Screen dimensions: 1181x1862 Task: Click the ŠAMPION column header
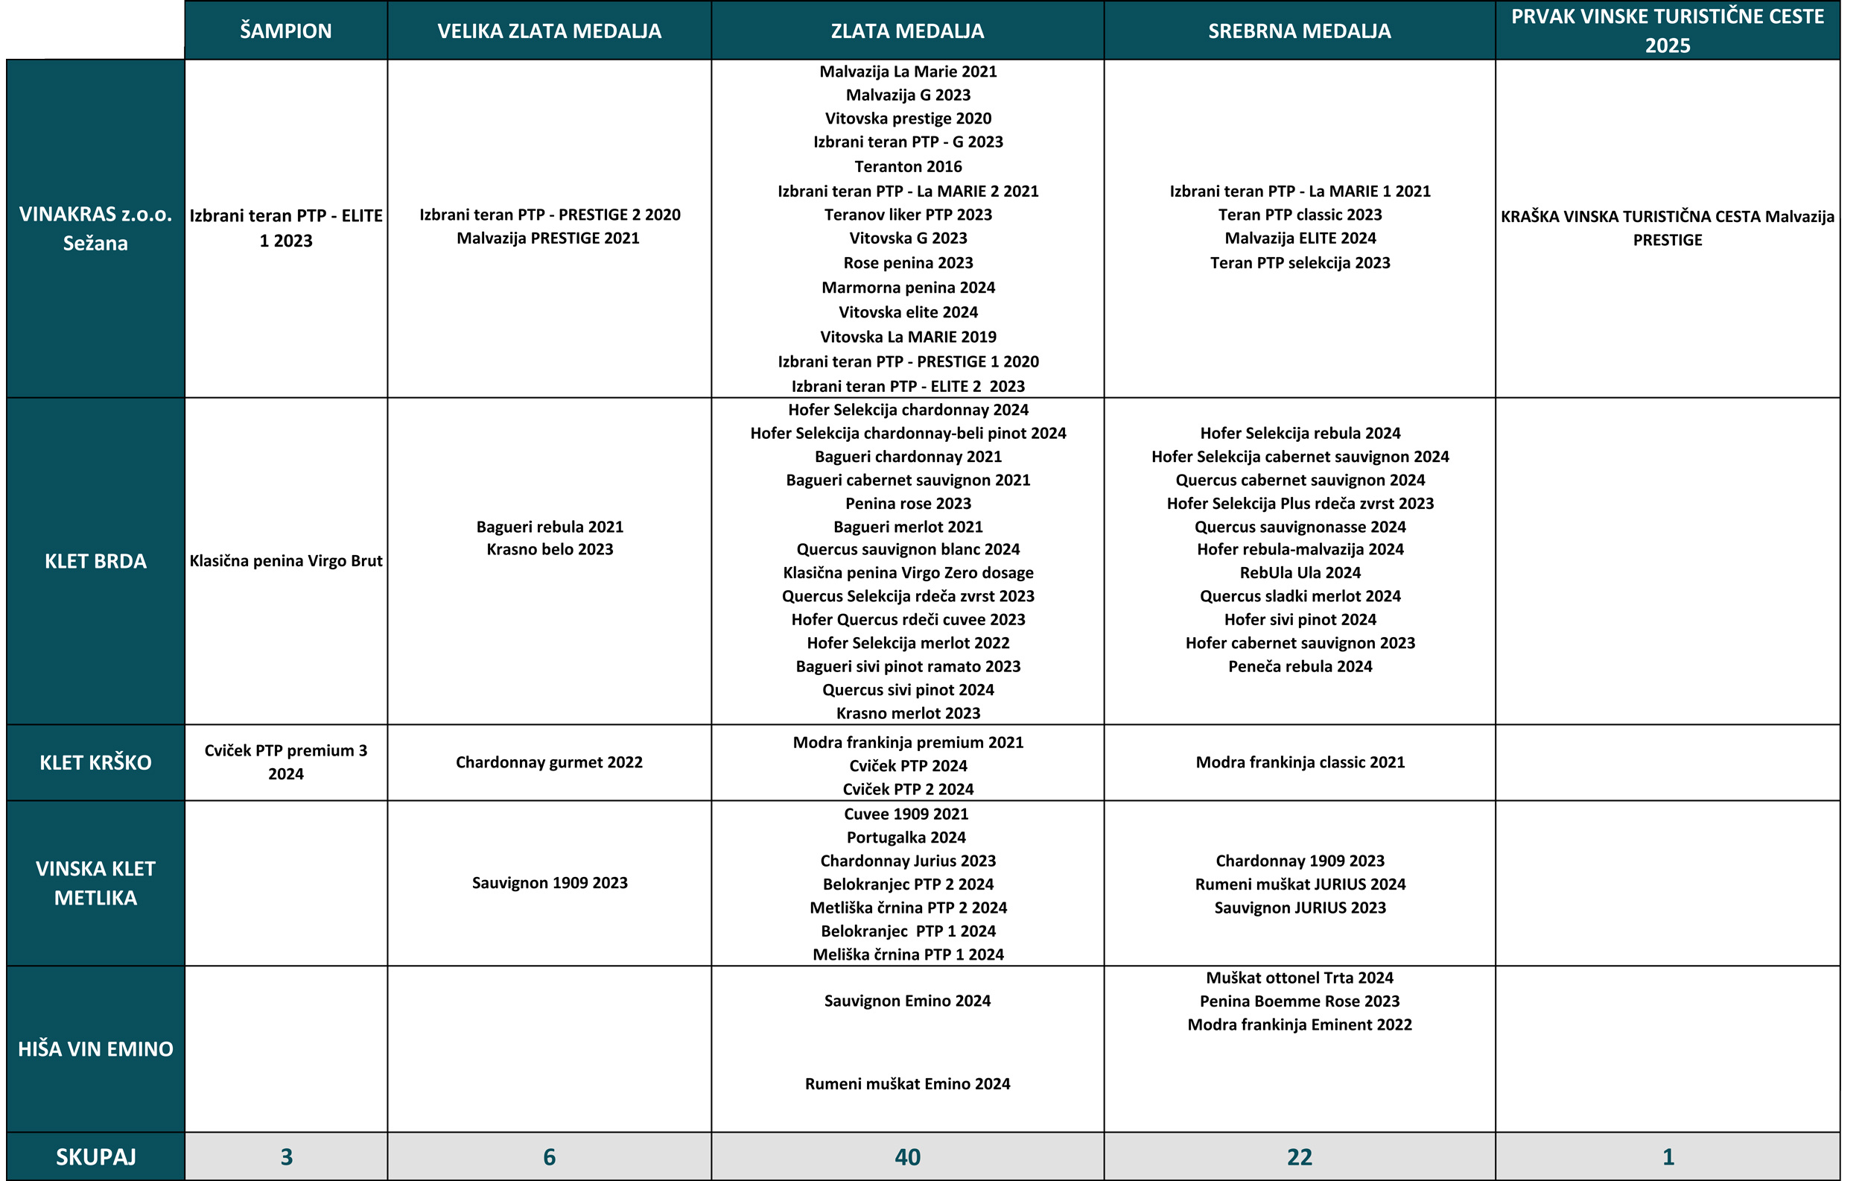(x=285, y=31)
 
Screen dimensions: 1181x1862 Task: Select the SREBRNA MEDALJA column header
(x=1299, y=31)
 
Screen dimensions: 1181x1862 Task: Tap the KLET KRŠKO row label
(x=95, y=762)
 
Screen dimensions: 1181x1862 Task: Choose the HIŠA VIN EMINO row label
(x=95, y=1049)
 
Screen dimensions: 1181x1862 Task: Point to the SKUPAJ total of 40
(x=907, y=1157)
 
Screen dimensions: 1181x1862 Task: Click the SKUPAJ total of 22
(x=1299, y=1157)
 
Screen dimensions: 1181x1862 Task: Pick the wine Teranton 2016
(x=908, y=166)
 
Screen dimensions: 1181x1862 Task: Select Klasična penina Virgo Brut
(x=285, y=561)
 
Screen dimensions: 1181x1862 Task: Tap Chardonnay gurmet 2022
(x=549, y=762)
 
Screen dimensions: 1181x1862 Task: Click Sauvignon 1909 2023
(x=549, y=882)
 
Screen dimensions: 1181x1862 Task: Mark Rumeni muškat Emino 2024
(x=907, y=1083)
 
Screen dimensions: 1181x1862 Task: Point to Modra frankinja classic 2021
(x=1300, y=762)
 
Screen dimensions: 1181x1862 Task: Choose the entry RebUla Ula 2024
(x=1300, y=572)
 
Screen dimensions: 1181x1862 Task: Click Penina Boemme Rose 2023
(x=1299, y=1001)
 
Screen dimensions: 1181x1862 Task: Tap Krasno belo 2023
(x=549, y=549)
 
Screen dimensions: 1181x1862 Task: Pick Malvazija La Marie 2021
(x=908, y=71)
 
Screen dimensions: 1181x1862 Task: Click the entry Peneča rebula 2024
(x=1300, y=666)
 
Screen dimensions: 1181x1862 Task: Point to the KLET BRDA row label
(x=95, y=561)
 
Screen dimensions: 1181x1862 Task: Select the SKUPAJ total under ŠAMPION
(x=285, y=1157)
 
